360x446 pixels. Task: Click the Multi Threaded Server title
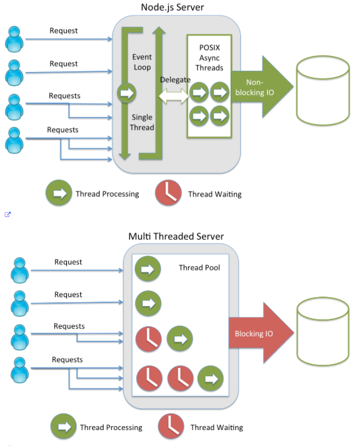[176, 236]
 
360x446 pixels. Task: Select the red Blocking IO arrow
[258, 333]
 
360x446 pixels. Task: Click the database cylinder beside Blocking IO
[322, 335]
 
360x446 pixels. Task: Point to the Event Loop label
[142, 62]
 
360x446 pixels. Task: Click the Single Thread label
[142, 122]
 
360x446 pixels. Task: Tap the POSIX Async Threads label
[209, 58]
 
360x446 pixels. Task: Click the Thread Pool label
[199, 267]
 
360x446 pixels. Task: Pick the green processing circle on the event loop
[126, 93]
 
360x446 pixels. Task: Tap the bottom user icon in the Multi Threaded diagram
[20, 369]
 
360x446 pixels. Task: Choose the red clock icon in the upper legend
[168, 193]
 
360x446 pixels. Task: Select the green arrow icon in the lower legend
[64, 427]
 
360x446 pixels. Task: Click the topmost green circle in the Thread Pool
[148, 269]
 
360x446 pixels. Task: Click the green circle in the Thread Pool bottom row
[211, 378]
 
